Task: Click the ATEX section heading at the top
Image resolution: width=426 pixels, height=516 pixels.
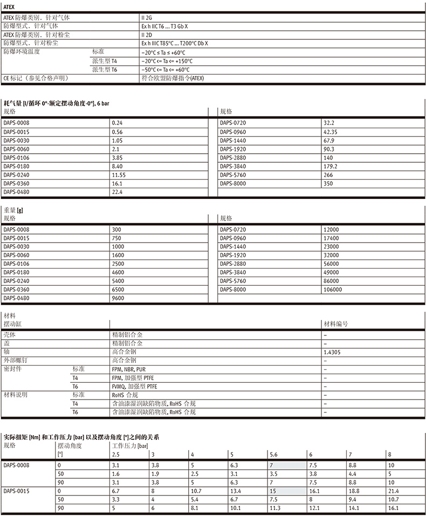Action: pyautogui.click(x=10, y=7)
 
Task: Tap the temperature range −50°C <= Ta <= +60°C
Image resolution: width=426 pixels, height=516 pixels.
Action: pyautogui.click(x=166, y=70)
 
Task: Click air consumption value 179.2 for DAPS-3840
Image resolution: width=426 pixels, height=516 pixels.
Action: pyautogui.click(x=330, y=166)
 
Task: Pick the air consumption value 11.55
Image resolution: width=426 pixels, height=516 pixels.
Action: pyautogui.click(x=119, y=175)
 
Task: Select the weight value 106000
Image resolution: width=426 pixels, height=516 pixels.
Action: pyautogui.click(x=333, y=290)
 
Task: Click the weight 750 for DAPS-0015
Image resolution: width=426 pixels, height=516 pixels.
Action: pyautogui.click(x=116, y=238)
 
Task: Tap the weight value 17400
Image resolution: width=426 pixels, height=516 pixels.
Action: pyautogui.click(x=331, y=238)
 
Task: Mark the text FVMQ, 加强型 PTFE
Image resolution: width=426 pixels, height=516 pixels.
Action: pyautogui.click(x=134, y=386)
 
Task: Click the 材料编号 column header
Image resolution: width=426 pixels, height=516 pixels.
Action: pyautogui.click(x=335, y=324)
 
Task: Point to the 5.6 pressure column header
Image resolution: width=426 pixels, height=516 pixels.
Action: pyautogui.click(x=273, y=455)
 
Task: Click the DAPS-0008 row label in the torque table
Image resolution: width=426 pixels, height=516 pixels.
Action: pyautogui.click(x=16, y=464)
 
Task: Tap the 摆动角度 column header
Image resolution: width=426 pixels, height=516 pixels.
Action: pyautogui.click(x=70, y=445)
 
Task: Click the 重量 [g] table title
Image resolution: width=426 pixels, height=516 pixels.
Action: pyautogui.click(x=13, y=210)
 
